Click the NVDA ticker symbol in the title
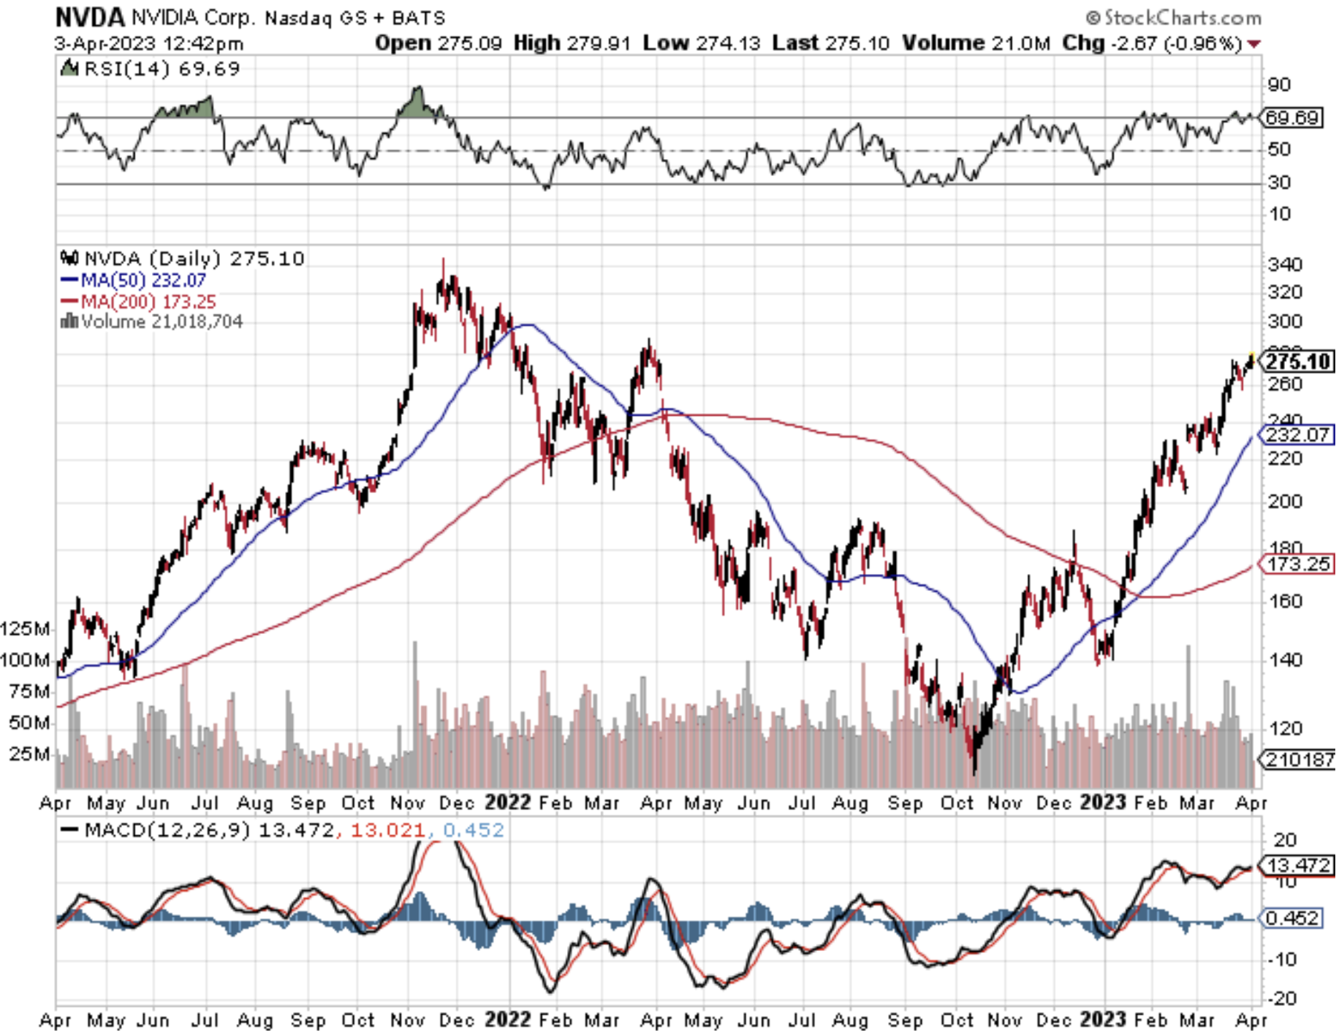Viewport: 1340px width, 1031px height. pos(89,17)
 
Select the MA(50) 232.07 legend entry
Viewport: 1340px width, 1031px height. pos(134,280)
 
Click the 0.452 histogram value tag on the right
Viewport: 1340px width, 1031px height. pos(1292,918)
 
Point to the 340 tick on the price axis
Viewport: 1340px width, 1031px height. pos(1285,265)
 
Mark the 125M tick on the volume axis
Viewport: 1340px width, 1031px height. pos(26,629)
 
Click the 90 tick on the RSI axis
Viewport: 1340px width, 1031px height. pos(1279,84)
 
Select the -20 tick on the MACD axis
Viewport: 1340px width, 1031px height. pos(1282,998)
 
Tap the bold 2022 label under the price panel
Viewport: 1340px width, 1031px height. pos(507,802)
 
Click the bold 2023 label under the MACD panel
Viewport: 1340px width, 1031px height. pos(1102,1020)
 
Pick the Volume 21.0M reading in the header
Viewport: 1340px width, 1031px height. pos(976,43)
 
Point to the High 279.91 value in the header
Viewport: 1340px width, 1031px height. pos(572,43)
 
